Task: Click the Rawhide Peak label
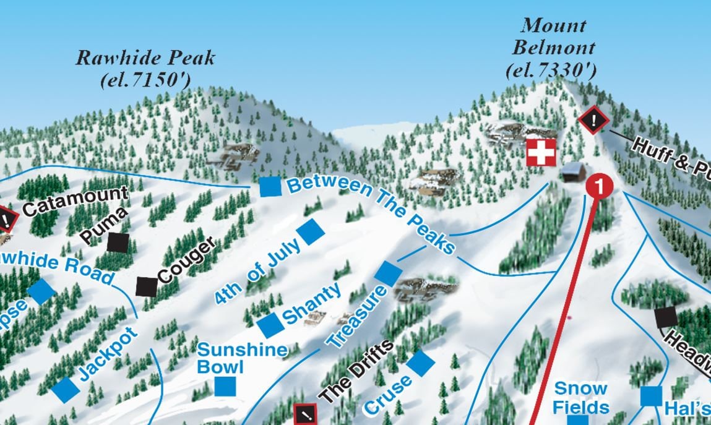click(145, 59)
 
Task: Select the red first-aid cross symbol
click(541, 152)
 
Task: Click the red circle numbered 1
click(600, 185)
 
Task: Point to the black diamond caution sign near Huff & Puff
click(594, 120)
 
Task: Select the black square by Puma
click(118, 242)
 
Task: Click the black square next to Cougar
click(147, 286)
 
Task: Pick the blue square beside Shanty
click(270, 325)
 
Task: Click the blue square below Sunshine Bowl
click(225, 386)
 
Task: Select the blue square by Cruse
click(421, 363)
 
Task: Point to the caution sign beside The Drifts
click(305, 414)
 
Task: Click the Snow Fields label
click(580, 398)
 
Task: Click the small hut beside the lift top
click(574, 172)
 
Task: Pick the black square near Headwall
click(666, 317)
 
